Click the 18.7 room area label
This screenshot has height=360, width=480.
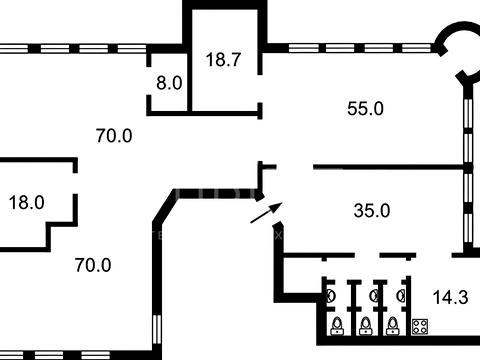pyautogui.click(x=223, y=60)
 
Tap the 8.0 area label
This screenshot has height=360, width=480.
pyautogui.click(x=169, y=83)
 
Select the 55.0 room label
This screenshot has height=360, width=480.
pyautogui.click(x=365, y=109)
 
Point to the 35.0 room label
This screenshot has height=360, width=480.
pyautogui.click(x=372, y=211)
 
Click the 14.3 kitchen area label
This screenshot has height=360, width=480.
pyautogui.click(x=450, y=297)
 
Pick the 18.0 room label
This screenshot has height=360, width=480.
pyautogui.click(x=27, y=203)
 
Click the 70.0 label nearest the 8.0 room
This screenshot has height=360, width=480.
pyautogui.click(x=114, y=136)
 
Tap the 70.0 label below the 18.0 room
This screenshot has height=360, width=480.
pyautogui.click(x=93, y=265)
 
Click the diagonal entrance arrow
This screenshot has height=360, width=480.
pyautogui.click(x=266, y=213)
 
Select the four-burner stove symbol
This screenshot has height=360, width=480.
pyautogui.click(x=420, y=327)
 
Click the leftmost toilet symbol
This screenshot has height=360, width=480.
pyautogui.click(x=337, y=326)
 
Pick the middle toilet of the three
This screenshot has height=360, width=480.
pyautogui.click(x=366, y=326)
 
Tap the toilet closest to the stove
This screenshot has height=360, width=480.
pyautogui.click(x=393, y=326)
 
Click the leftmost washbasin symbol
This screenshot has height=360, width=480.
pyautogui.click(x=331, y=296)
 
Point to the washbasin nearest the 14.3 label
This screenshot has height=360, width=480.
pyautogui.click(x=401, y=296)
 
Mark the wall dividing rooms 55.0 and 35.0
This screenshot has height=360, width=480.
pyautogui.click(x=389, y=167)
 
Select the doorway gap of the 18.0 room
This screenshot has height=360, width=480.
pyautogui.click(x=75, y=183)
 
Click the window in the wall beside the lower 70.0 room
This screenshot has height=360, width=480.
pyautogui.click(x=157, y=329)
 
